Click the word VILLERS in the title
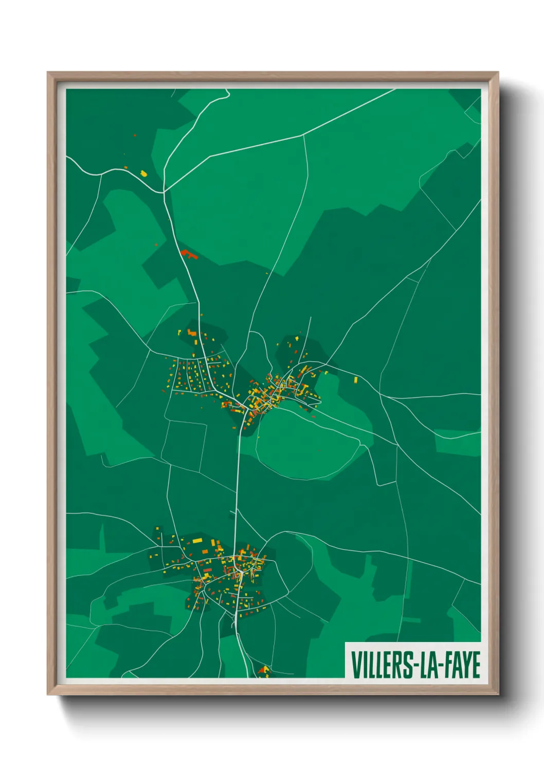pyautogui.click(x=380, y=665)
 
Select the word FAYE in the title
pyautogui.click(x=461, y=665)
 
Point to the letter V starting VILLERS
pyautogui.click(x=356, y=665)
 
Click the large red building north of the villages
pyautogui.click(x=189, y=253)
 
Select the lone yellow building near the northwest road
pyautogui.click(x=143, y=173)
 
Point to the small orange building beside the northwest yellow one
pyautogui.click(x=125, y=167)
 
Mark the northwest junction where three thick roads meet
pyautogui.click(x=164, y=192)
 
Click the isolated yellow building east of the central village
pyautogui.click(x=355, y=379)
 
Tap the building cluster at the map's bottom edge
pyautogui.click(x=264, y=669)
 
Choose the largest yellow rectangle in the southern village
pyautogui.click(x=197, y=541)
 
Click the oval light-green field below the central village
pyautogui.click(x=309, y=443)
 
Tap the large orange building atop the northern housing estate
pyautogui.click(x=192, y=333)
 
